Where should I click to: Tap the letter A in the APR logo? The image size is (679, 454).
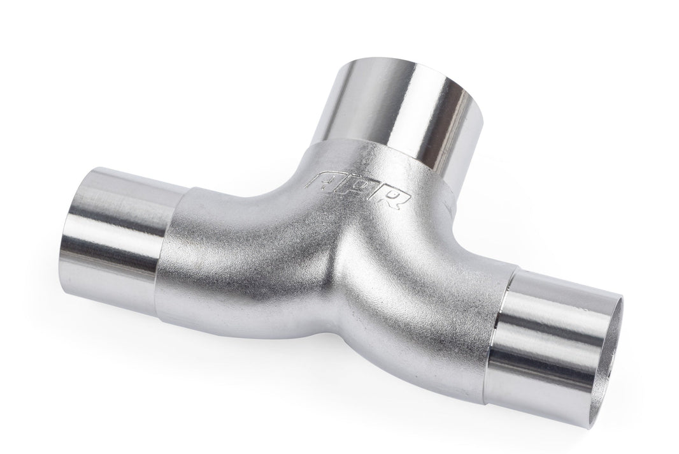click(x=320, y=180)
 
